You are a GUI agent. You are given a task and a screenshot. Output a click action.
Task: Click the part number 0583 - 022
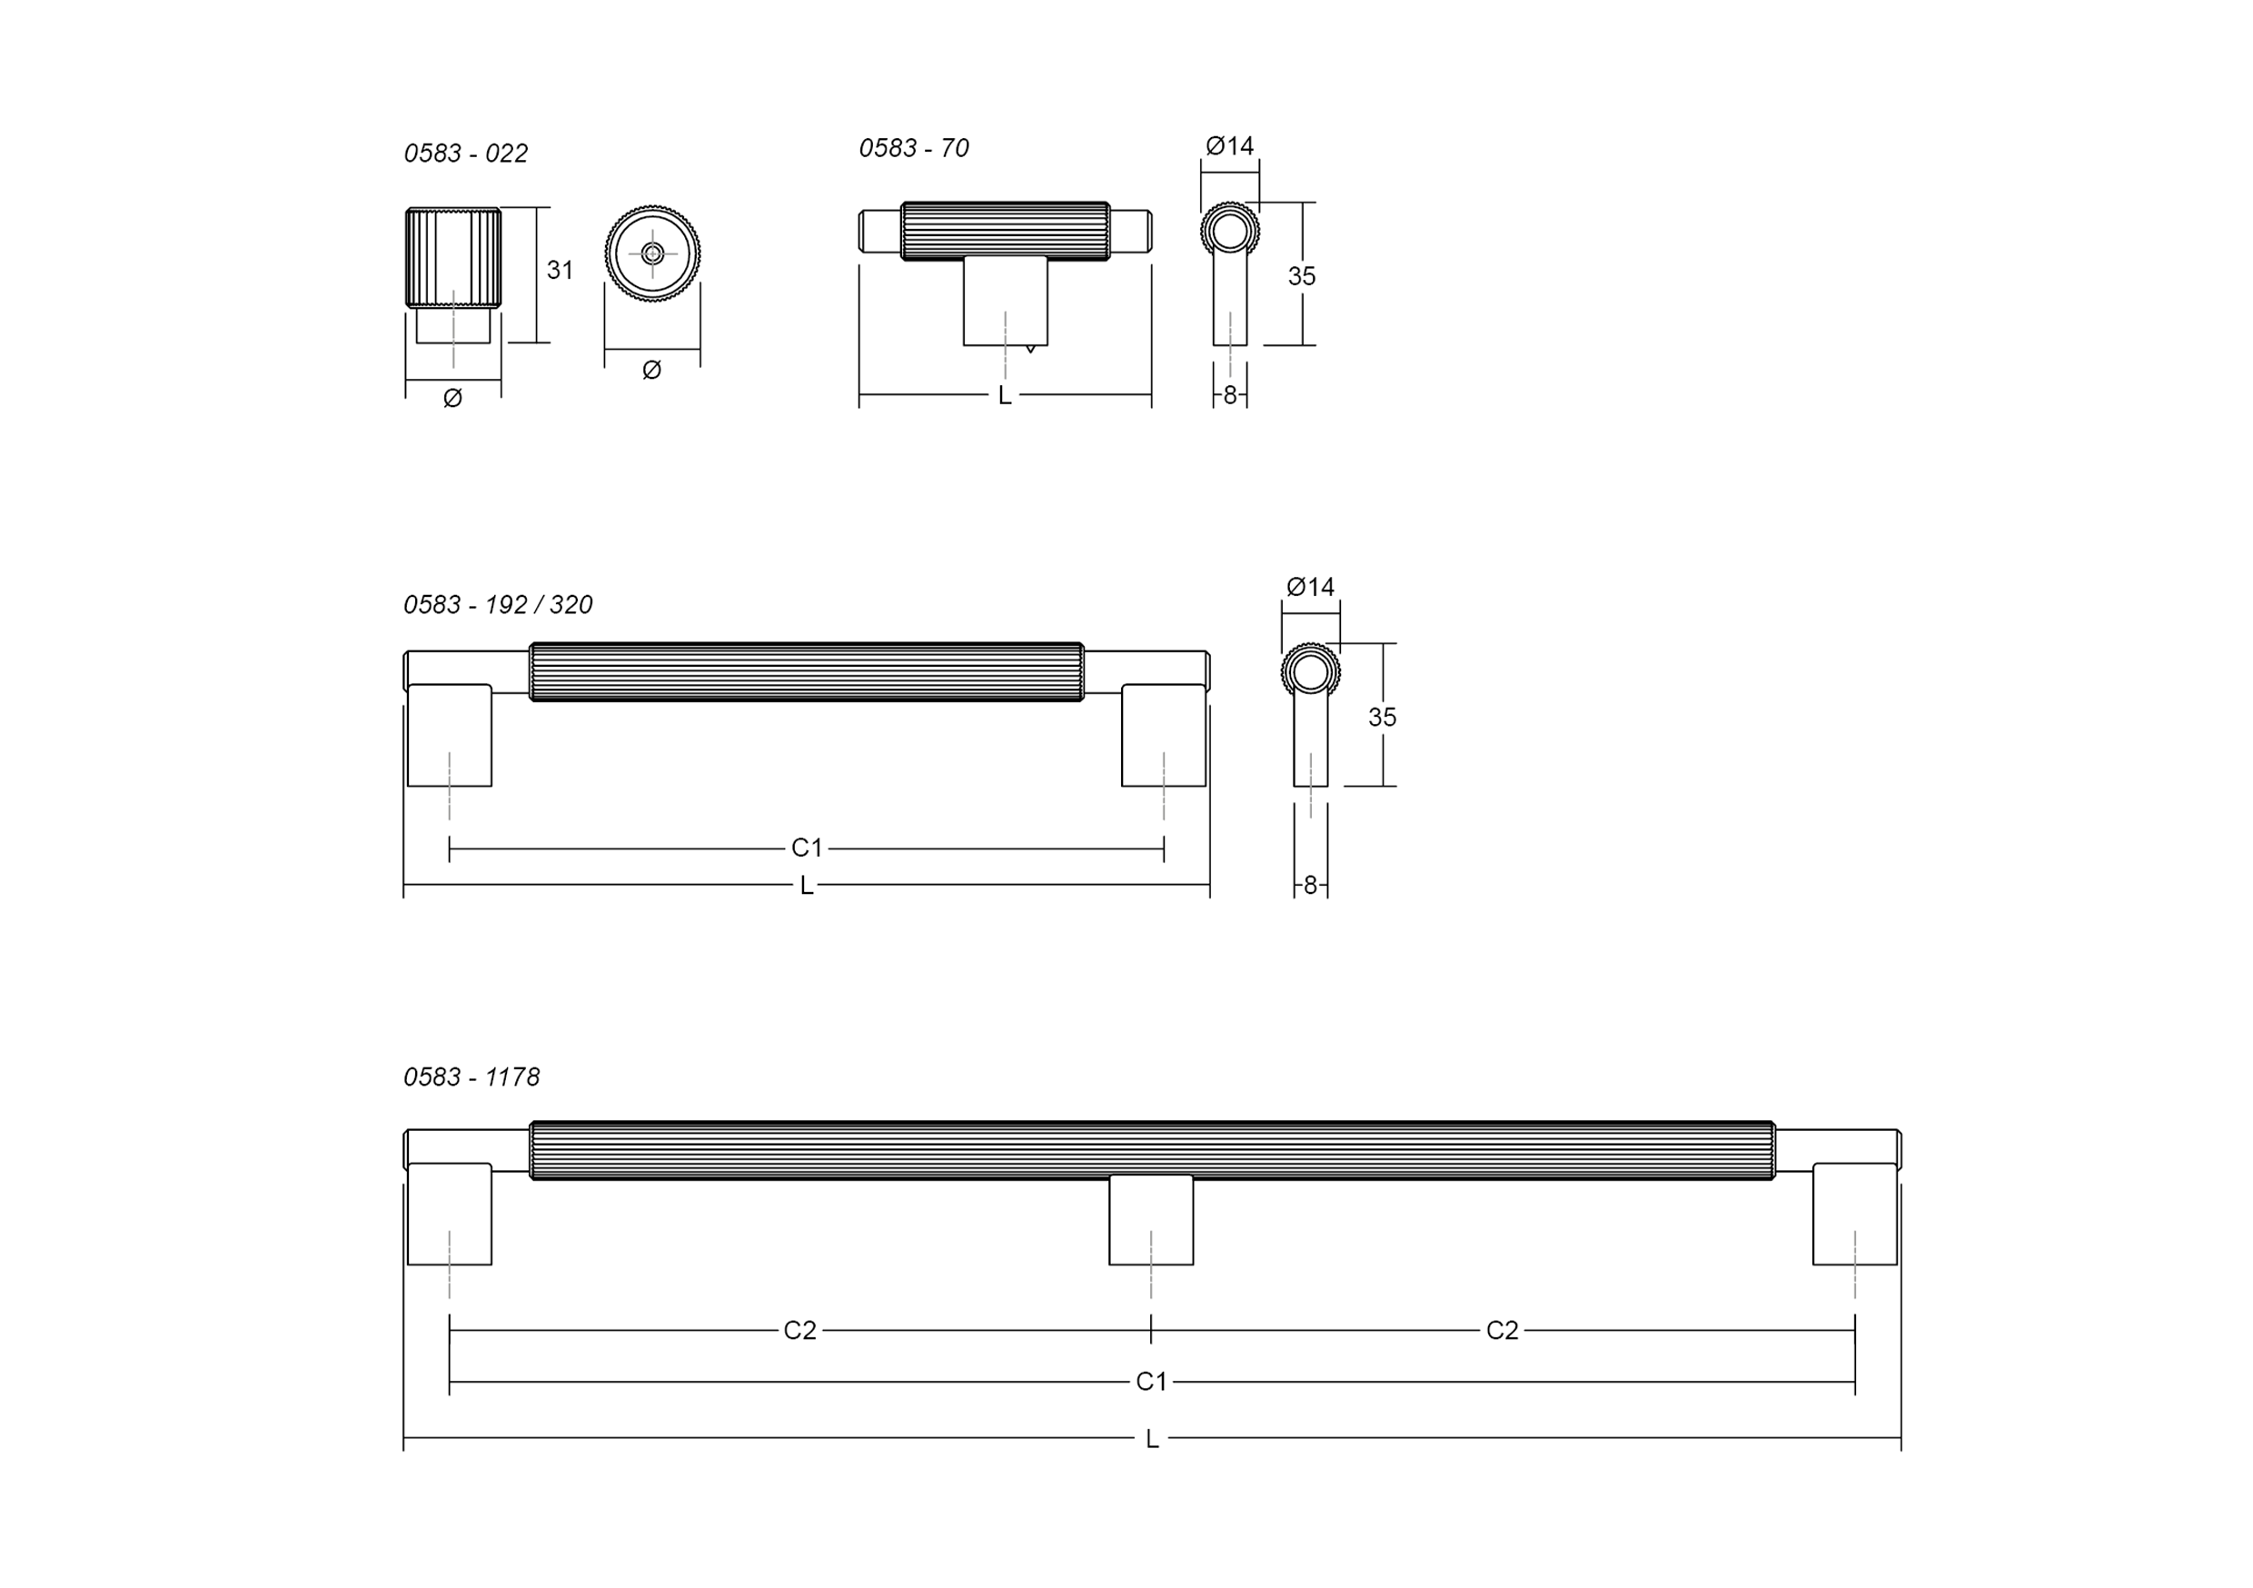click(466, 154)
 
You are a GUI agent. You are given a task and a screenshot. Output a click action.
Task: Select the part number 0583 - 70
click(914, 148)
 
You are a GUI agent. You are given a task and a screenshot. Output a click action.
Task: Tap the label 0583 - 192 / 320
click(499, 604)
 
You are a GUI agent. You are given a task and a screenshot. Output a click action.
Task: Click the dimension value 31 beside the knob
click(560, 270)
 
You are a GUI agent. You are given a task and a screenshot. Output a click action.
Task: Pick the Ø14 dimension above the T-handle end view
click(1229, 146)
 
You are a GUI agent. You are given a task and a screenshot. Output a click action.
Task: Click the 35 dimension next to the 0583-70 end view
click(1301, 277)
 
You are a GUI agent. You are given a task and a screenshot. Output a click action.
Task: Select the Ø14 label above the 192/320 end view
click(1310, 587)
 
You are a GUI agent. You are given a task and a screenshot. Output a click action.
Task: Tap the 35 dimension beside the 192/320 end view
click(1382, 718)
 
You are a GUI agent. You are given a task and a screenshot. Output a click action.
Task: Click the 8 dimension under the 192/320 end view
click(1310, 885)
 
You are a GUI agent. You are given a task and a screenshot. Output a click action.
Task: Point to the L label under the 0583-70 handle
click(1004, 395)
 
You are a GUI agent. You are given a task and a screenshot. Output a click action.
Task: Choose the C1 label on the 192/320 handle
click(807, 848)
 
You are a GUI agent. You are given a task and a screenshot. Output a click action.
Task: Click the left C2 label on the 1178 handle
click(799, 1330)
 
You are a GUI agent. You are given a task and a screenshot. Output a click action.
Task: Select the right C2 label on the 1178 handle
click(1502, 1330)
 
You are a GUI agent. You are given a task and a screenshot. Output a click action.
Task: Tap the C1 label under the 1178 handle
click(1151, 1382)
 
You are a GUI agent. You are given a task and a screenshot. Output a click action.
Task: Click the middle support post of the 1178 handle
click(1151, 1220)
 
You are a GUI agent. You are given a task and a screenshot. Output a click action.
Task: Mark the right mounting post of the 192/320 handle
click(1163, 736)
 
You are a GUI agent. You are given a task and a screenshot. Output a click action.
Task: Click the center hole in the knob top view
click(652, 253)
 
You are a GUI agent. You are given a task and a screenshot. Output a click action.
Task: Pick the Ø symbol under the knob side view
click(452, 398)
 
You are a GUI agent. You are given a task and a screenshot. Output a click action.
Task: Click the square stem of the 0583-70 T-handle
click(1005, 301)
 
